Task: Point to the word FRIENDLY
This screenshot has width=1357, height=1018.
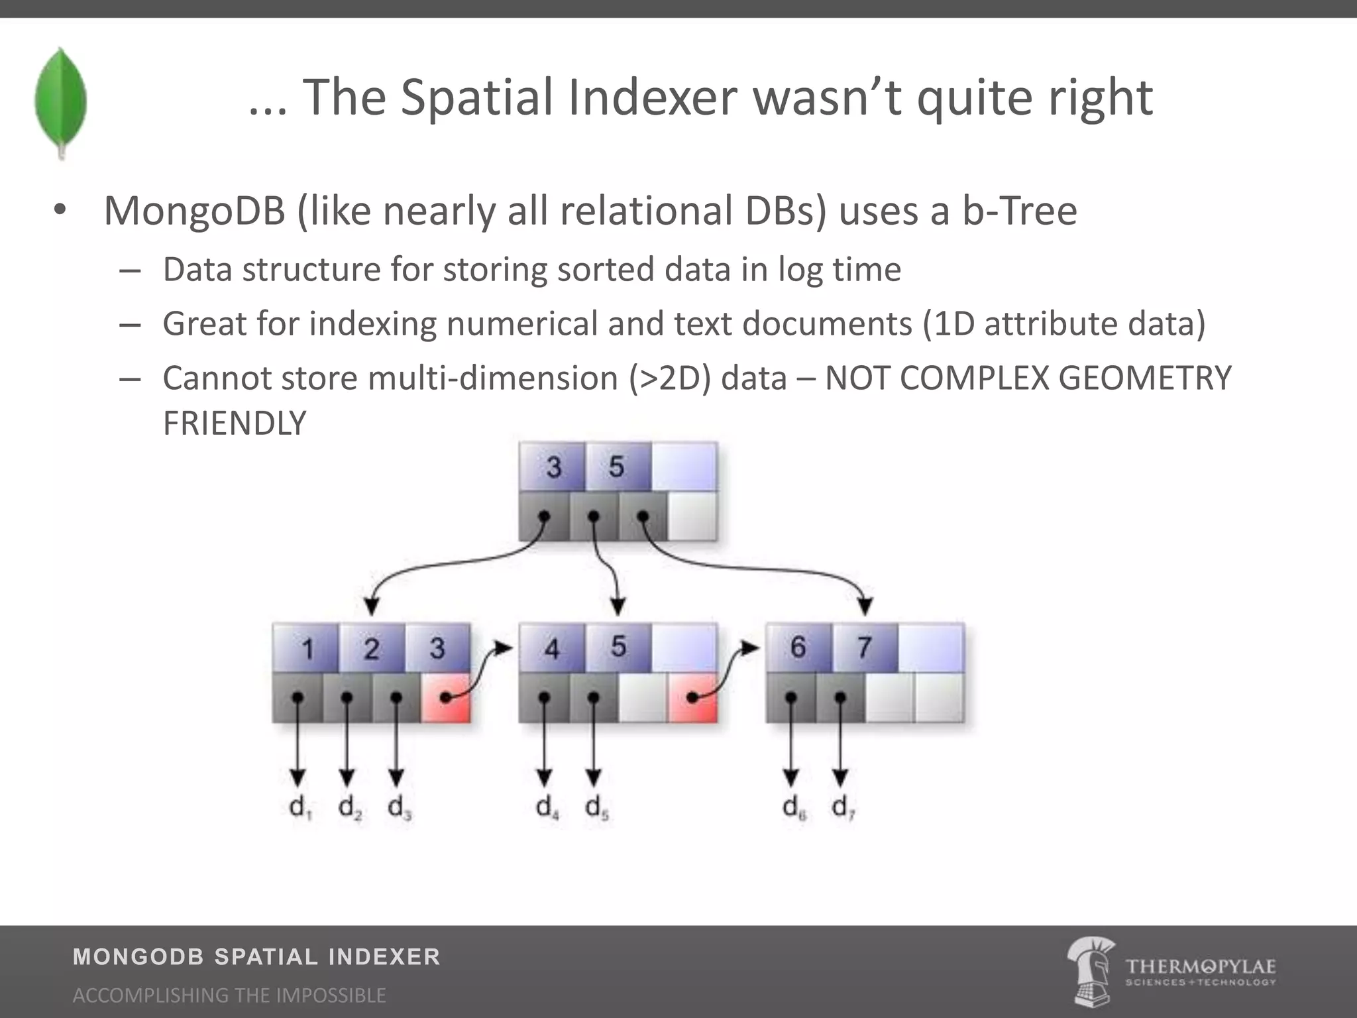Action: [x=235, y=424]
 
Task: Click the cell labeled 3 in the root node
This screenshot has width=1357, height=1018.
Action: [x=553, y=467]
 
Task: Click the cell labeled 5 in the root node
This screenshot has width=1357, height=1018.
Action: [x=617, y=467]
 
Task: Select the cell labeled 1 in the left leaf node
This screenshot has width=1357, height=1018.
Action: [x=306, y=648]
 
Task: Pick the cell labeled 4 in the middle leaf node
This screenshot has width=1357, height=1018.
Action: [x=552, y=648]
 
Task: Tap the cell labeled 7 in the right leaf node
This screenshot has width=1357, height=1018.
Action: [x=864, y=647]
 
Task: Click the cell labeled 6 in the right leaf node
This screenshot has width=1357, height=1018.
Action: [x=798, y=647]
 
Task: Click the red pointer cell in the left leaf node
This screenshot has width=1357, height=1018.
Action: [x=446, y=698]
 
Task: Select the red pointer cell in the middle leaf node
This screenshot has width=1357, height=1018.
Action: [x=692, y=698]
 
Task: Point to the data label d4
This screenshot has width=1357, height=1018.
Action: [x=547, y=807]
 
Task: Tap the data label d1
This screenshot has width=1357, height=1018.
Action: [x=300, y=807]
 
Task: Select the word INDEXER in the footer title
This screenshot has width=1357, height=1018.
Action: [x=384, y=957]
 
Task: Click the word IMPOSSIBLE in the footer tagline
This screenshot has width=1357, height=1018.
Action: [x=331, y=995]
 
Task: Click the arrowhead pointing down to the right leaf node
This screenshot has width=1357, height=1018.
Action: [x=865, y=605]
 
